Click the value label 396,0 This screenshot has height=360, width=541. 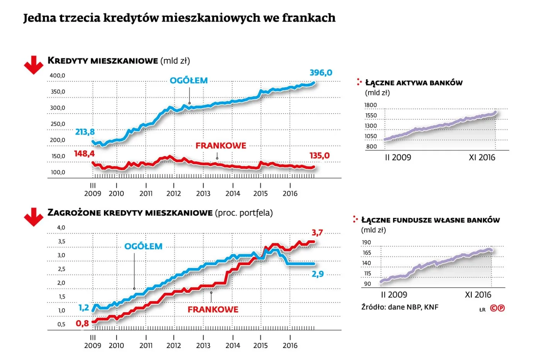321,73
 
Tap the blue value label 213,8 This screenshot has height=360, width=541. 85,132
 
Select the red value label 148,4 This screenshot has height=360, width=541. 84,154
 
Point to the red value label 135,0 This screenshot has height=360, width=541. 319,156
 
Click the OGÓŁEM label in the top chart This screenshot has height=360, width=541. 189,81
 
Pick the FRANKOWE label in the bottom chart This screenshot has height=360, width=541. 213,309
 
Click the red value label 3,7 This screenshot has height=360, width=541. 317,233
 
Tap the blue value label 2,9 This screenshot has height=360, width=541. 318,274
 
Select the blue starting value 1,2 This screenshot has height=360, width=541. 84,307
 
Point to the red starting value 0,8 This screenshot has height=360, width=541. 82,323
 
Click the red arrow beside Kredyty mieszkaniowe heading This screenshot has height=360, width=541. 34,65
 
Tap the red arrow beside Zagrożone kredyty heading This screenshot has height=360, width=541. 34,217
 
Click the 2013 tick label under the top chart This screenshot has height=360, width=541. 203,194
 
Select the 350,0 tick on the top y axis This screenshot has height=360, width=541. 58,92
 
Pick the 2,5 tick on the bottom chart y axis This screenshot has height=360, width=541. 61,269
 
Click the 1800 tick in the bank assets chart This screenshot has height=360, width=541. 370,105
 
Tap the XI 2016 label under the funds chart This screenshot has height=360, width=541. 478,295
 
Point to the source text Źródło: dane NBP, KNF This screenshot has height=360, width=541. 400,307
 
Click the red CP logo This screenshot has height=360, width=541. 497,308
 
